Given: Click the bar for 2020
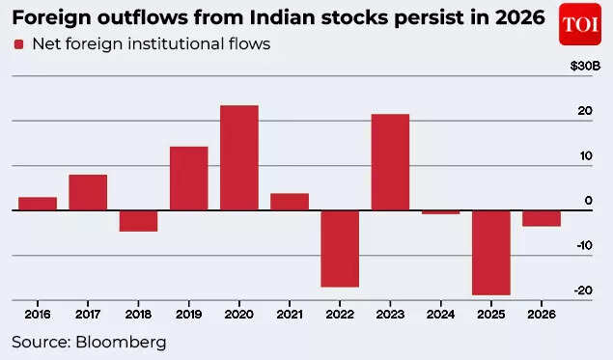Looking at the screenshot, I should [238, 157].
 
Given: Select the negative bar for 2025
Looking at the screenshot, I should [490, 252].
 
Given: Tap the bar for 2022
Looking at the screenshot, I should [340, 248].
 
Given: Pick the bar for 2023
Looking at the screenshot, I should [390, 161].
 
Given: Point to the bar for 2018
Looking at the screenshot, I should [138, 220].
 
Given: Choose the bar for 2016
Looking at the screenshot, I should [38, 203].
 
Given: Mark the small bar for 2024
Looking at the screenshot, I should [440, 211].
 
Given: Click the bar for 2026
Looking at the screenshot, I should [541, 218].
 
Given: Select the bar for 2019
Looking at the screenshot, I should [188, 178].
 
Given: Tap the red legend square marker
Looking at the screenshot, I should [18, 44].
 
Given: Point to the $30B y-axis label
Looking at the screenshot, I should [584, 66].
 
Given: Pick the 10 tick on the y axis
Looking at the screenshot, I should [585, 156].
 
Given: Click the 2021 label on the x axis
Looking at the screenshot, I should [289, 315].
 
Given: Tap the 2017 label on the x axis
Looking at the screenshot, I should [88, 315].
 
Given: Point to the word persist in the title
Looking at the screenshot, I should [434, 17].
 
